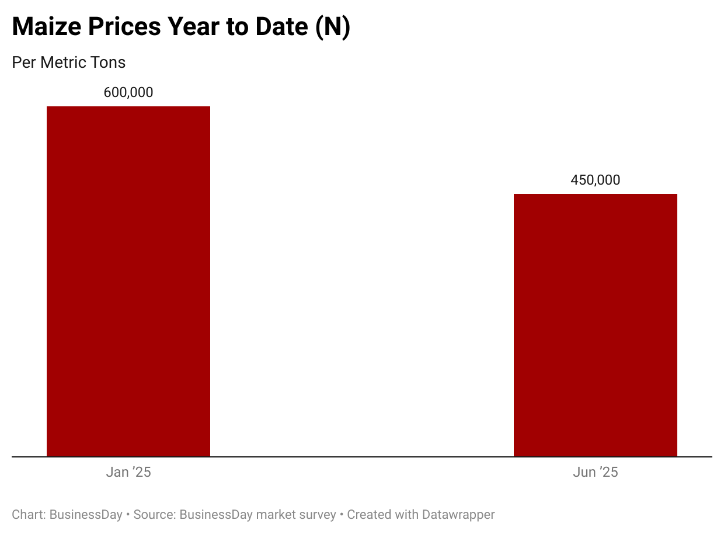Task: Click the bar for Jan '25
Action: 128,281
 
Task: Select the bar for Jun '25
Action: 595,325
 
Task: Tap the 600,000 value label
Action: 128,92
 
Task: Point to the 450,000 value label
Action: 595,180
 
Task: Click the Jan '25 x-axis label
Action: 128,472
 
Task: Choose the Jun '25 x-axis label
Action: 595,472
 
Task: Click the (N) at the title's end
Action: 332,27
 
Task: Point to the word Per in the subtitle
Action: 24,62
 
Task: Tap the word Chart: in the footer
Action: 29,515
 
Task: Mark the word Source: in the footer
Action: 154,515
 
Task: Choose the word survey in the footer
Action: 319,515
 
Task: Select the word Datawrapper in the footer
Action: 458,515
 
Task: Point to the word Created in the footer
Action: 368,515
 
